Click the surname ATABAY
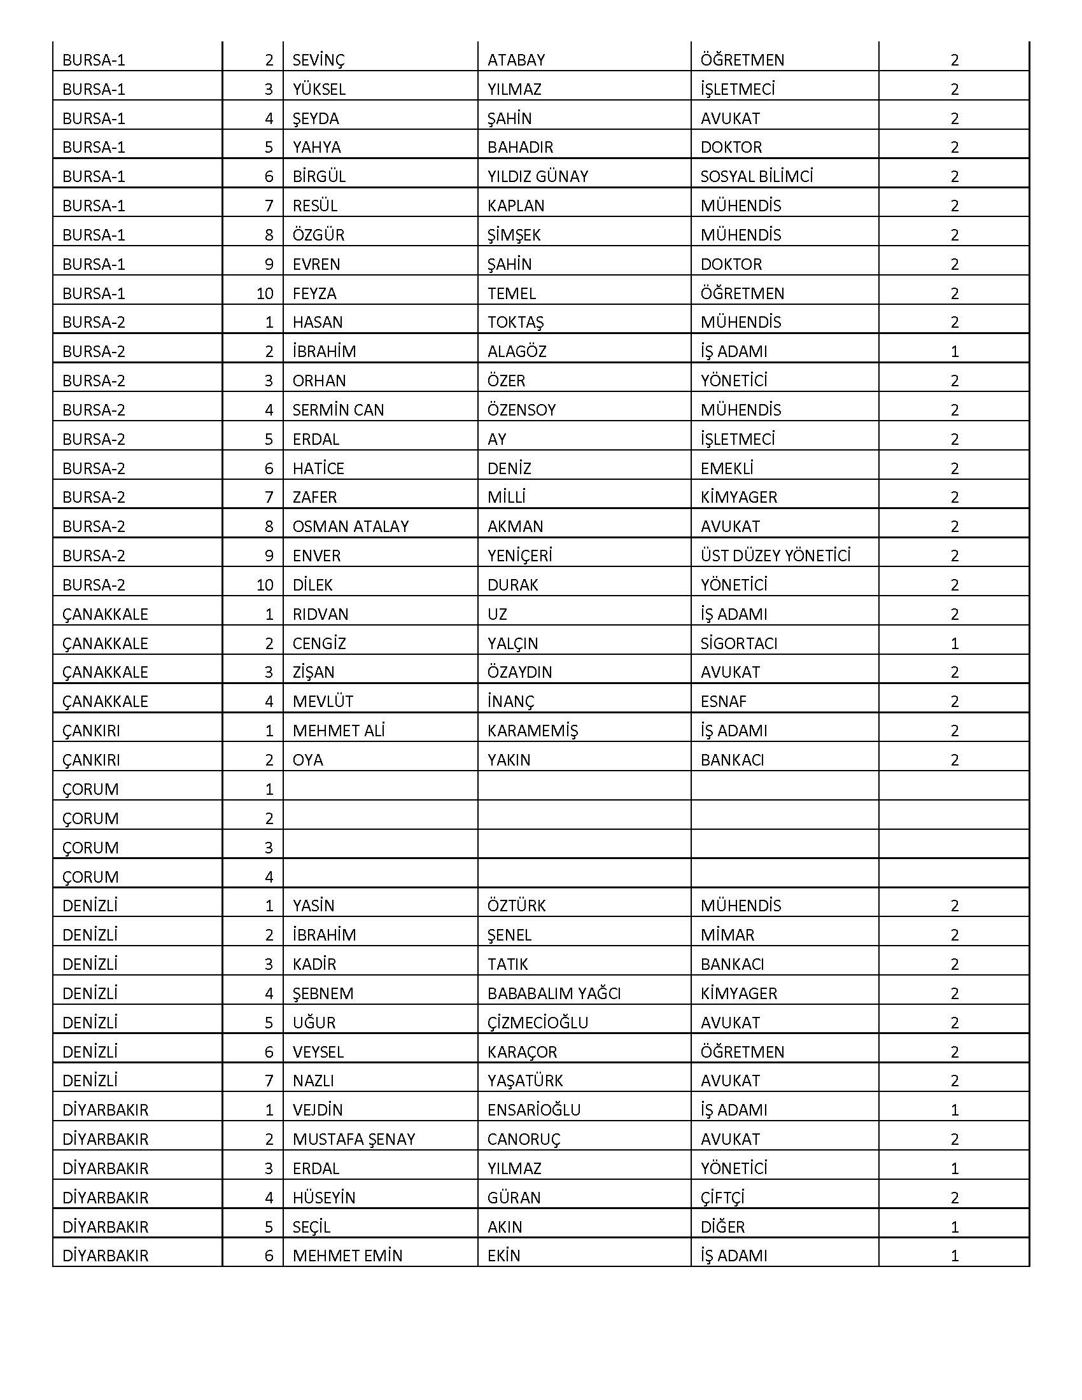pyautogui.click(x=516, y=60)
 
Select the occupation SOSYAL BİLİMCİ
pyautogui.click(x=756, y=176)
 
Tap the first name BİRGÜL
pyautogui.click(x=319, y=176)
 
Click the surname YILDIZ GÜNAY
pyautogui.click(x=537, y=176)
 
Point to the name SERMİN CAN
pyautogui.click(x=338, y=410)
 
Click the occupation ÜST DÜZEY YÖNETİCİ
pyautogui.click(x=775, y=556)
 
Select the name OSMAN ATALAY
pyautogui.click(x=350, y=526)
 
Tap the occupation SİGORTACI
pyautogui.click(x=738, y=643)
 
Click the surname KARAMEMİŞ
pyautogui.click(x=532, y=731)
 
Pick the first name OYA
pyautogui.click(x=307, y=760)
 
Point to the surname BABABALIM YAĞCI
pyautogui.click(x=554, y=993)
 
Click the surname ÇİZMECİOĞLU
pyautogui.click(x=537, y=1023)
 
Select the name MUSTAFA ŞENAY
pyautogui.click(x=354, y=1139)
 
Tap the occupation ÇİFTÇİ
pyautogui.click(x=722, y=1198)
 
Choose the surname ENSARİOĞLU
pyautogui.click(x=533, y=1110)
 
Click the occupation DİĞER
pyautogui.click(x=722, y=1227)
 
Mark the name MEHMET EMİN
pyautogui.click(x=348, y=1256)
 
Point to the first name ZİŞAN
pyautogui.click(x=313, y=673)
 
